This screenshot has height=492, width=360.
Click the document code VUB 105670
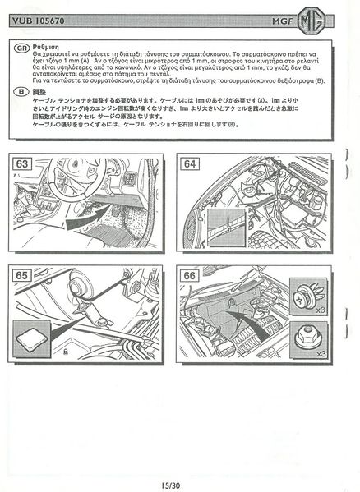point(40,19)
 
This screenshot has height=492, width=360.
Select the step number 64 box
point(191,163)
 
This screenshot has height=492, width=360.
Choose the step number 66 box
point(191,275)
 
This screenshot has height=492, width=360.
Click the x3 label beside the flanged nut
point(321,354)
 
